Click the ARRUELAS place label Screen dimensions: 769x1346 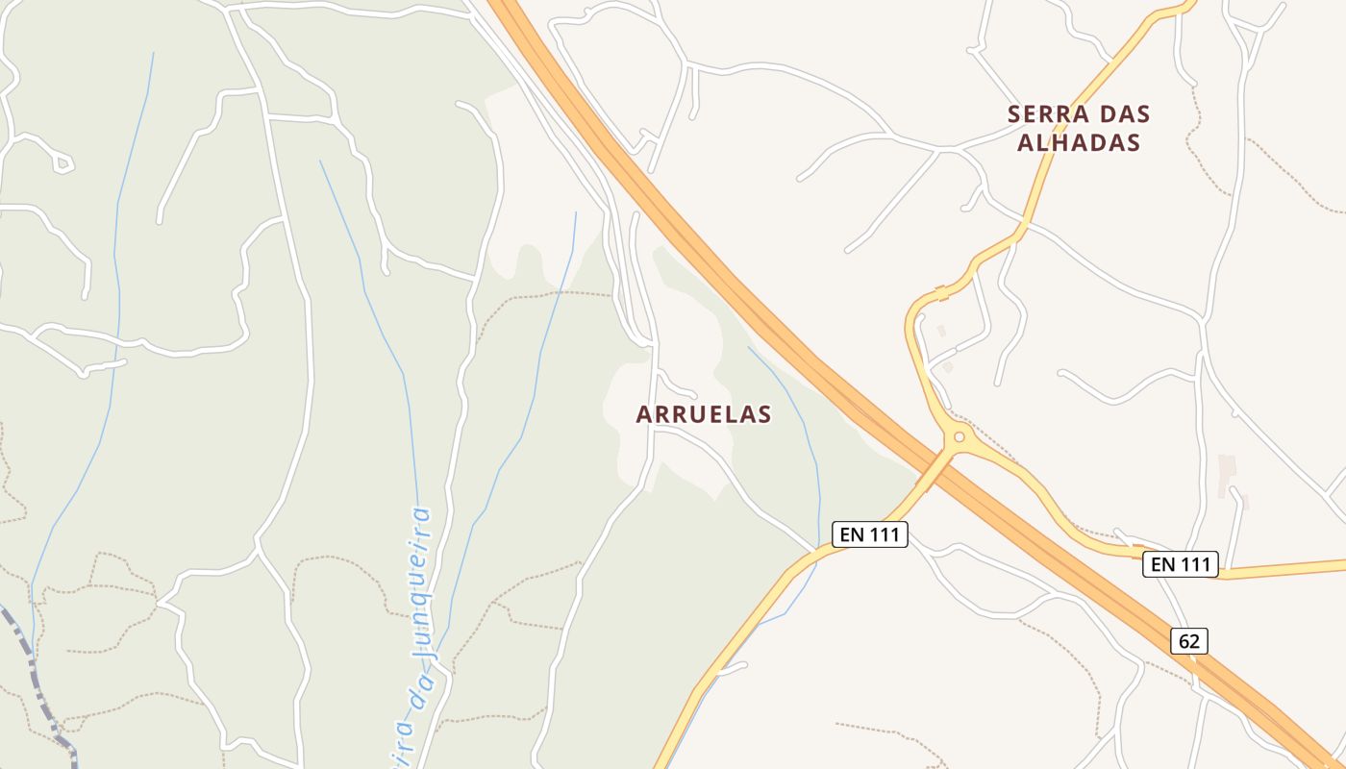704,414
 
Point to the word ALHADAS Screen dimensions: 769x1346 1078,142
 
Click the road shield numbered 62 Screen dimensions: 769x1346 1189,641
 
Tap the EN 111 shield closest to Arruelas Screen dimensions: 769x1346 869,534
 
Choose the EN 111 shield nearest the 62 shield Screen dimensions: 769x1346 1180,564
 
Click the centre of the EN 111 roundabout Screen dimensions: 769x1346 959,438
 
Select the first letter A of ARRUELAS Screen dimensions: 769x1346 644,414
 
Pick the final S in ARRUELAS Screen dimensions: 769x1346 765,414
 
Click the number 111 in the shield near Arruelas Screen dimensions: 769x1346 883,534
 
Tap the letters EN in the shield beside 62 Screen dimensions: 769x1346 1163,564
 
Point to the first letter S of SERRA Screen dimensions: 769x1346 1014,114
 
